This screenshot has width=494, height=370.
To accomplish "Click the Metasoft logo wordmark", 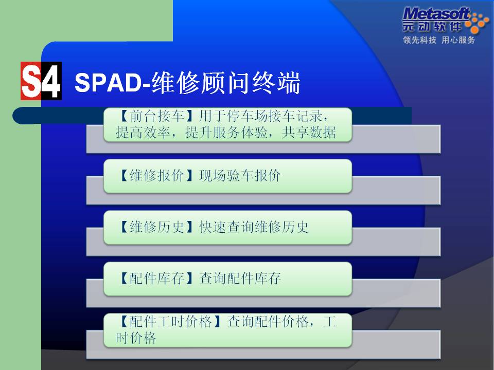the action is click(436, 14).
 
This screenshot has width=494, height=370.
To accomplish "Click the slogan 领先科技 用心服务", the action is click(439, 40).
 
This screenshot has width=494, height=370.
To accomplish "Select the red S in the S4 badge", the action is click(31, 81).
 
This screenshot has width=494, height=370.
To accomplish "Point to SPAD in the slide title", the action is click(107, 83).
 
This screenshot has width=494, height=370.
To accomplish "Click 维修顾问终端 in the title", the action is click(225, 83).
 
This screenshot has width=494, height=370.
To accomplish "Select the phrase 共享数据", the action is click(309, 133).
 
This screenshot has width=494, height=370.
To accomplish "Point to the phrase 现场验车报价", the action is click(240, 176).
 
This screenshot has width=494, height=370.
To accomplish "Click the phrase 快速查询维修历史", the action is click(254, 227).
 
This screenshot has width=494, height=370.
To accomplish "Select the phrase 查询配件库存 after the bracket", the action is click(240, 278).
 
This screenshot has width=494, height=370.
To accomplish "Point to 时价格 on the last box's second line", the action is click(136, 338).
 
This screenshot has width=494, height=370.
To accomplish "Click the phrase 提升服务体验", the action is click(226, 133).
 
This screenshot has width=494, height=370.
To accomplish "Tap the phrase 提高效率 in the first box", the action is click(143, 133).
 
